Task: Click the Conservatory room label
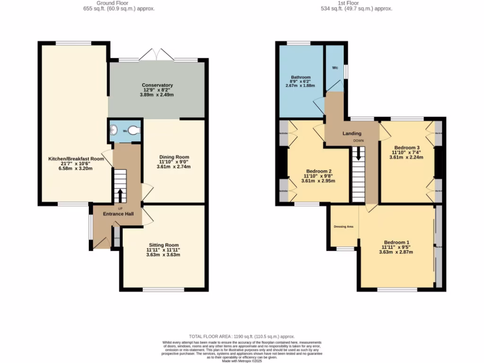pyautogui.click(x=157, y=85)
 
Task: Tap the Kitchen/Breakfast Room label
pyautogui.click(x=76, y=159)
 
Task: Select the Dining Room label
pyautogui.click(x=174, y=157)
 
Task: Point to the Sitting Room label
pyautogui.click(x=163, y=245)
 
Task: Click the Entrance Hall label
pyautogui.click(x=119, y=214)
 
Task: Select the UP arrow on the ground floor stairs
pyautogui.click(x=119, y=194)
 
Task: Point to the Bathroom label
pyautogui.click(x=301, y=77)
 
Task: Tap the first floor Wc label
pyautogui.click(x=335, y=68)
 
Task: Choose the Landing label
pyautogui.click(x=352, y=134)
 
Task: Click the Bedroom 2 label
pyautogui.click(x=318, y=171)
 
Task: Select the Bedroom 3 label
pyautogui.click(x=406, y=147)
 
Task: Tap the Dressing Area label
pyautogui.click(x=344, y=226)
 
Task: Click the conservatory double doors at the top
pyautogui.click(x=156, y=54)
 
